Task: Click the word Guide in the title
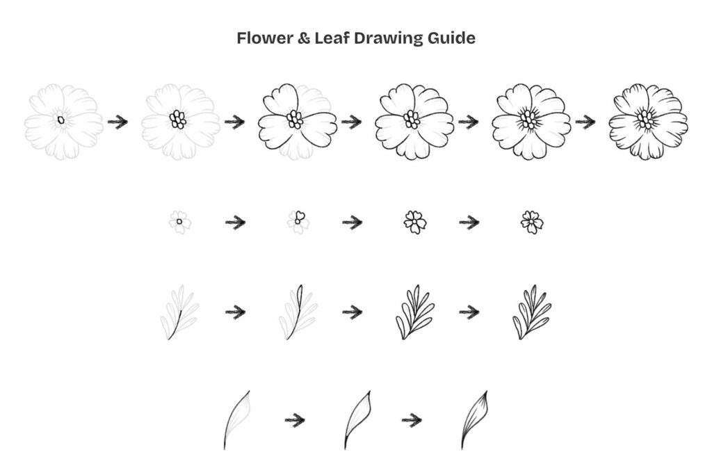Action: tap(451, 38)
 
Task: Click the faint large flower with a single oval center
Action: tap(63, 121)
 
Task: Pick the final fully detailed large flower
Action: tap(649, 121)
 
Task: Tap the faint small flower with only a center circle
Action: tap(180, 222)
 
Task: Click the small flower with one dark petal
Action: tap(298, 222)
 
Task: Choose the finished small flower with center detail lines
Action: tap(532, 222)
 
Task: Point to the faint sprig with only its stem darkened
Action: tap(179, 312)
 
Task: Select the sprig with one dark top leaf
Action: tap(298, 312)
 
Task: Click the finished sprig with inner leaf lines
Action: tap(532, 312)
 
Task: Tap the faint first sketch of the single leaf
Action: tap(237, 420)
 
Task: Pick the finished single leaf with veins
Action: tap(474, 420)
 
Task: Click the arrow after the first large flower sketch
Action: tap(118, 122)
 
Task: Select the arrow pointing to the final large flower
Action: tap(585, 122)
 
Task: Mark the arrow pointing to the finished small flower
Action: tap(469, 223)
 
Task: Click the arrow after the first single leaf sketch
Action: tap(295, 420)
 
